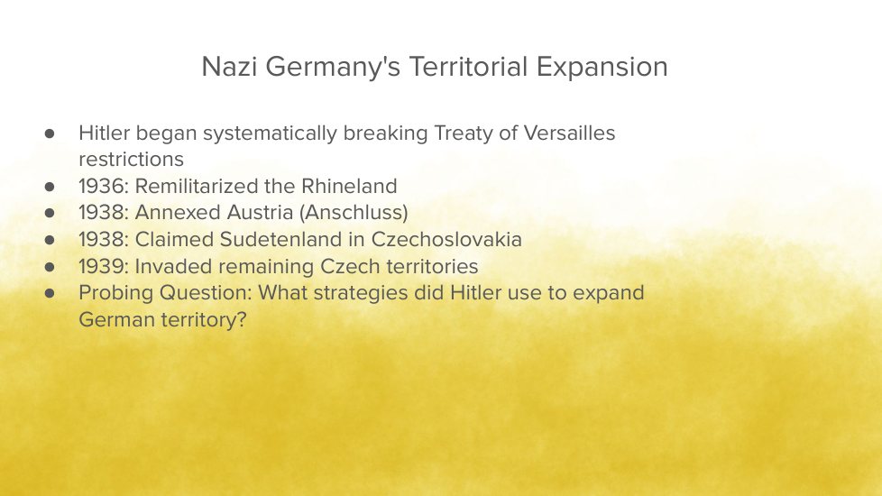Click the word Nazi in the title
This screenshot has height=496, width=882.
229,67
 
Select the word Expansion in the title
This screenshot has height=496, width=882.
602,68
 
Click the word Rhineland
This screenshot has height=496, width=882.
349,186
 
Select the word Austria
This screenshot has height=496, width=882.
261,213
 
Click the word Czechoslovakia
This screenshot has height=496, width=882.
446,240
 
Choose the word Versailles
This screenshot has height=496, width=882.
569,133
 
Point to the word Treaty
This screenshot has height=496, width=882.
464,134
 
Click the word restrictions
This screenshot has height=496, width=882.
131,160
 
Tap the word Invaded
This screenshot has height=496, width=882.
174,267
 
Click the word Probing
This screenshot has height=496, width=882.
116,294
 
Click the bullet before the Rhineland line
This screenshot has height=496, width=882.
50,186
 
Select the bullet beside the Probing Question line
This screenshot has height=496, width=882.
50,293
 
